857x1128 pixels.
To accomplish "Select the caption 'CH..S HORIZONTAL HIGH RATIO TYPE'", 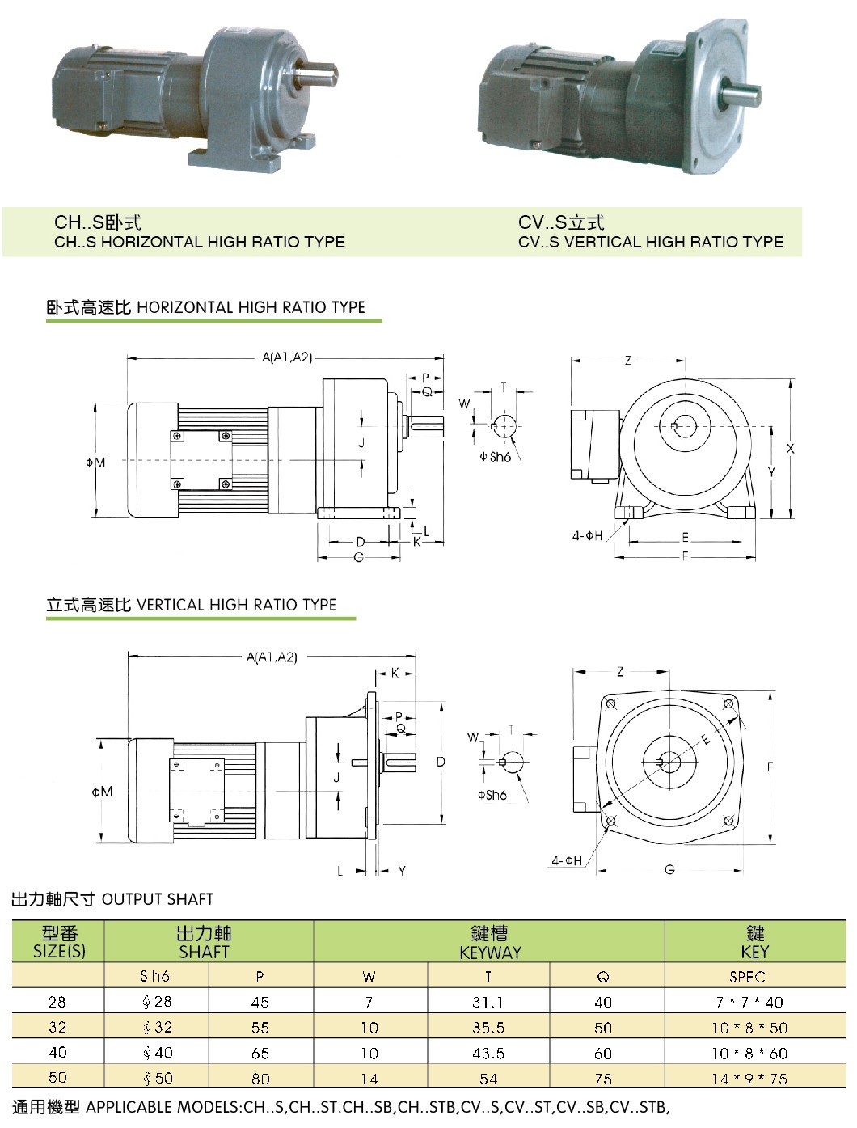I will point(200,242).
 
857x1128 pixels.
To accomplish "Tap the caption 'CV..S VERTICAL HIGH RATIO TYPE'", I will point(651,242).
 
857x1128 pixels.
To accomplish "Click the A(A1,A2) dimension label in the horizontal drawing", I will point(287,357).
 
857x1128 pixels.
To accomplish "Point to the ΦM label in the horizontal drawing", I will point(95,463).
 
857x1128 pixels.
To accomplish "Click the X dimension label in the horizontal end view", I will point(791,448).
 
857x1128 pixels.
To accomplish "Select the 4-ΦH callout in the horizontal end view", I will point(588,535).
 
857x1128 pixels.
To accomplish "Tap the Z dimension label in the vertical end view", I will point(620,671).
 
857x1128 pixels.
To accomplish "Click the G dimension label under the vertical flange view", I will point(669,870).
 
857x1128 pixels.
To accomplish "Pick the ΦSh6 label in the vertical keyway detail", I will point(492,795).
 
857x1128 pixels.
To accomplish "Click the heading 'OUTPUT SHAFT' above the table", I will point(158,899).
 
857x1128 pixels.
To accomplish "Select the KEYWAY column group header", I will point(489,943).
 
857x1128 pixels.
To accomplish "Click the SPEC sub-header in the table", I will point(747,977).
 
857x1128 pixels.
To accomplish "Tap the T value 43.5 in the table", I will point(488,1053).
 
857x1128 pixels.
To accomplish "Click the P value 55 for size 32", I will point(260,1028).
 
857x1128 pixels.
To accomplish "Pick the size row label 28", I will point(57,1002).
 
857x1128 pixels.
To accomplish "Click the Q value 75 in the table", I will point(603,1079).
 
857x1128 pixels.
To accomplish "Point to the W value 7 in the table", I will point(369,1002).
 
